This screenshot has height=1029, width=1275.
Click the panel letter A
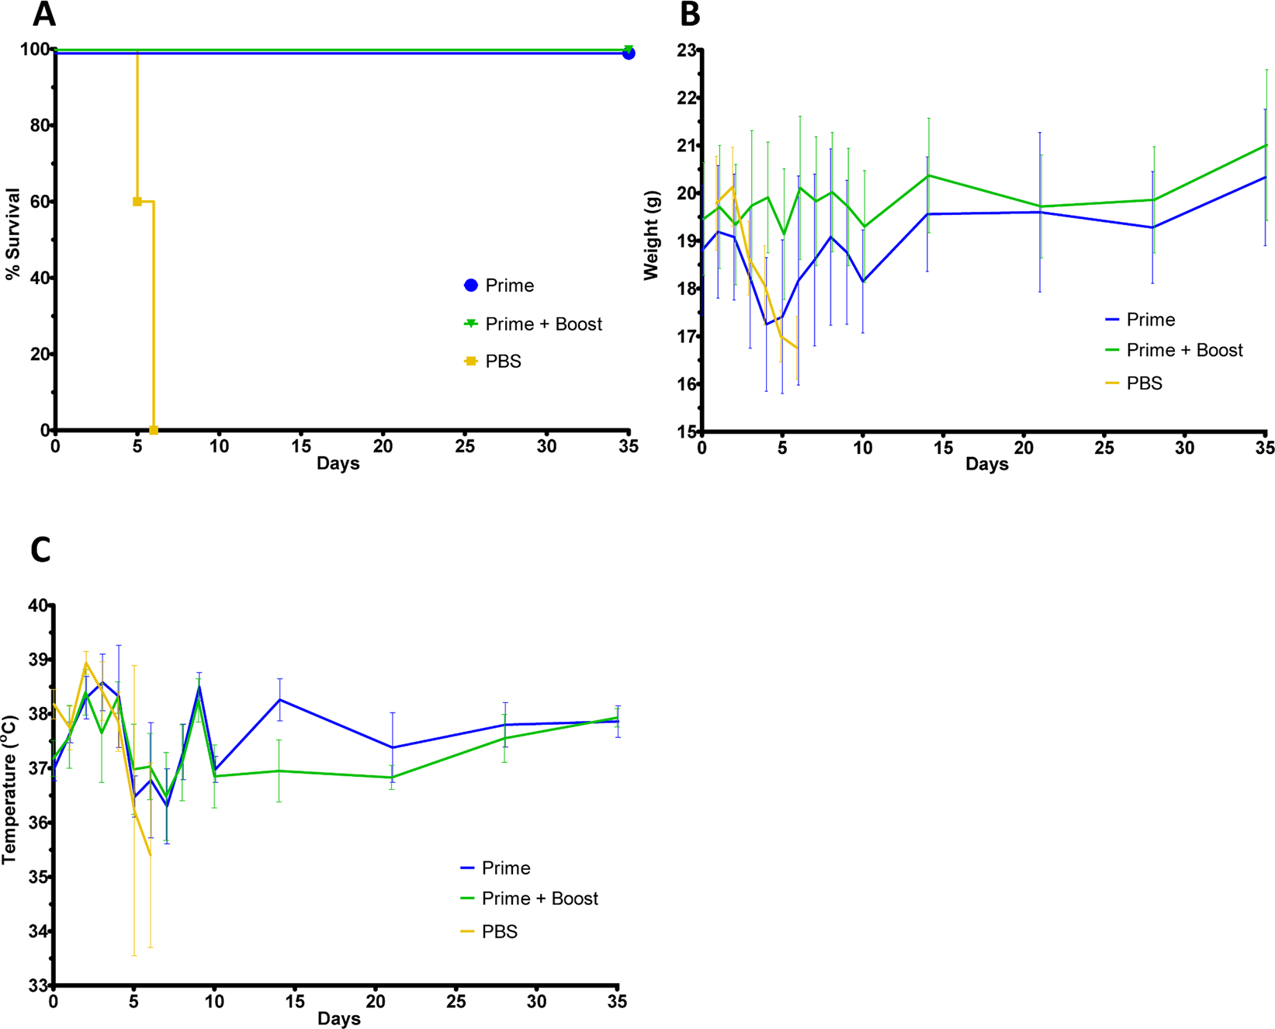[x=44, y=14]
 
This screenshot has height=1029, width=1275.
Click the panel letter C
[x=40, y=549]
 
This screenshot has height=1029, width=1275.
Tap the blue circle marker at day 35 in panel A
[x=629, y=54]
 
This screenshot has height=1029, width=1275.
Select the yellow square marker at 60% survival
[x=137, y=202]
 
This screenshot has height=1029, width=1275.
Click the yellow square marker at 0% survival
[x=154, y=430]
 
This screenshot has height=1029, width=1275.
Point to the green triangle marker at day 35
[x=629, y=49]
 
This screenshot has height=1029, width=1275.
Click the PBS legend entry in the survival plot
[x=502, y=362]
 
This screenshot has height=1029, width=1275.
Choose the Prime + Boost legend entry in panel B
[x=1183, y=351]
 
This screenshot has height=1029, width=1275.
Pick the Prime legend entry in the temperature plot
[x=505, y=868]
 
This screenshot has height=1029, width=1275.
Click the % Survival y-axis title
[x=12, y=234]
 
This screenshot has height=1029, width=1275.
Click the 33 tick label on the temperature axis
[x=37, y=986]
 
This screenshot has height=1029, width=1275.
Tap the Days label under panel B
[x=986, y=464]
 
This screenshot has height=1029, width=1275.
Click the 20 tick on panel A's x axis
[x=383, y=447]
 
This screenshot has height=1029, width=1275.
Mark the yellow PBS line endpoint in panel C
[x=150, y=855]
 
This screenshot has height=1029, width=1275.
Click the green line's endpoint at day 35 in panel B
[x=1266, y=145]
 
